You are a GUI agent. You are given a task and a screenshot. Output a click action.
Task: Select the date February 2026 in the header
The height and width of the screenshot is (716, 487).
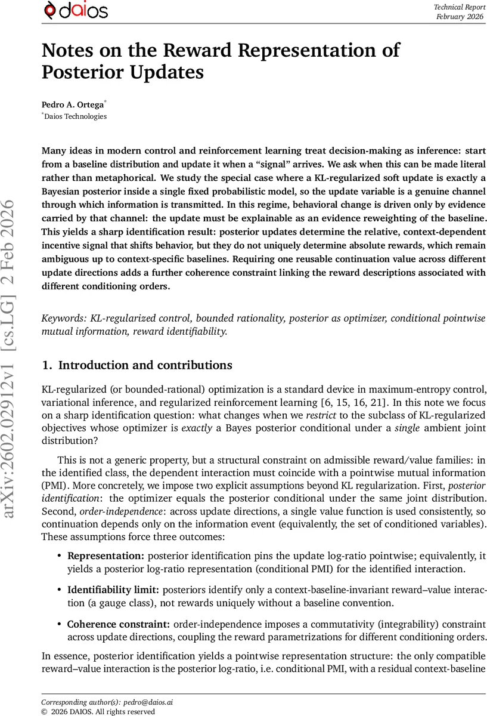point(459,16)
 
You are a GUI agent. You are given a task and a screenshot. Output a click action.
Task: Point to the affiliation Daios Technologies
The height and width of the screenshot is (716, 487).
point(75,116)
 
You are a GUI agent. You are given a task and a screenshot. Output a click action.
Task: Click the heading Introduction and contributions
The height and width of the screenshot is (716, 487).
point(145,365)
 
